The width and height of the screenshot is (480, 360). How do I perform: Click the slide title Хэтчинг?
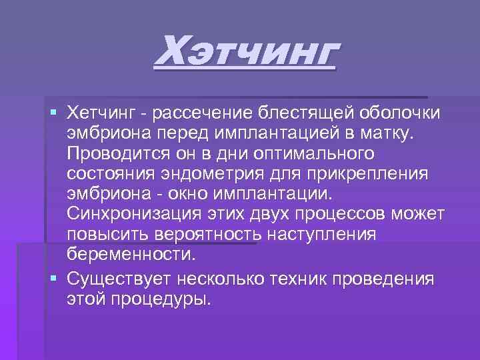pos(245,54)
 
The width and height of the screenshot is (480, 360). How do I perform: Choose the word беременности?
pos(131,254)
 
